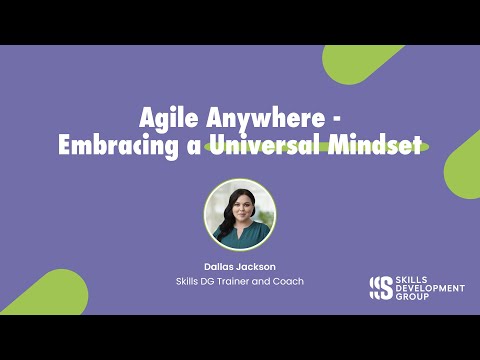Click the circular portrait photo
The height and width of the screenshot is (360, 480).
click(x=240, y=213)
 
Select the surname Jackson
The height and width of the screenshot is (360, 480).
click(x=257, y=268)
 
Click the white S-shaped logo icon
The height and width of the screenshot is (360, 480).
click(x=380, y=288)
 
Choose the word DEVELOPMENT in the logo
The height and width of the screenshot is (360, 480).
click(x=430, y=288)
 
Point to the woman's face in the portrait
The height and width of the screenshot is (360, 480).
click(x=240, y=202)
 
